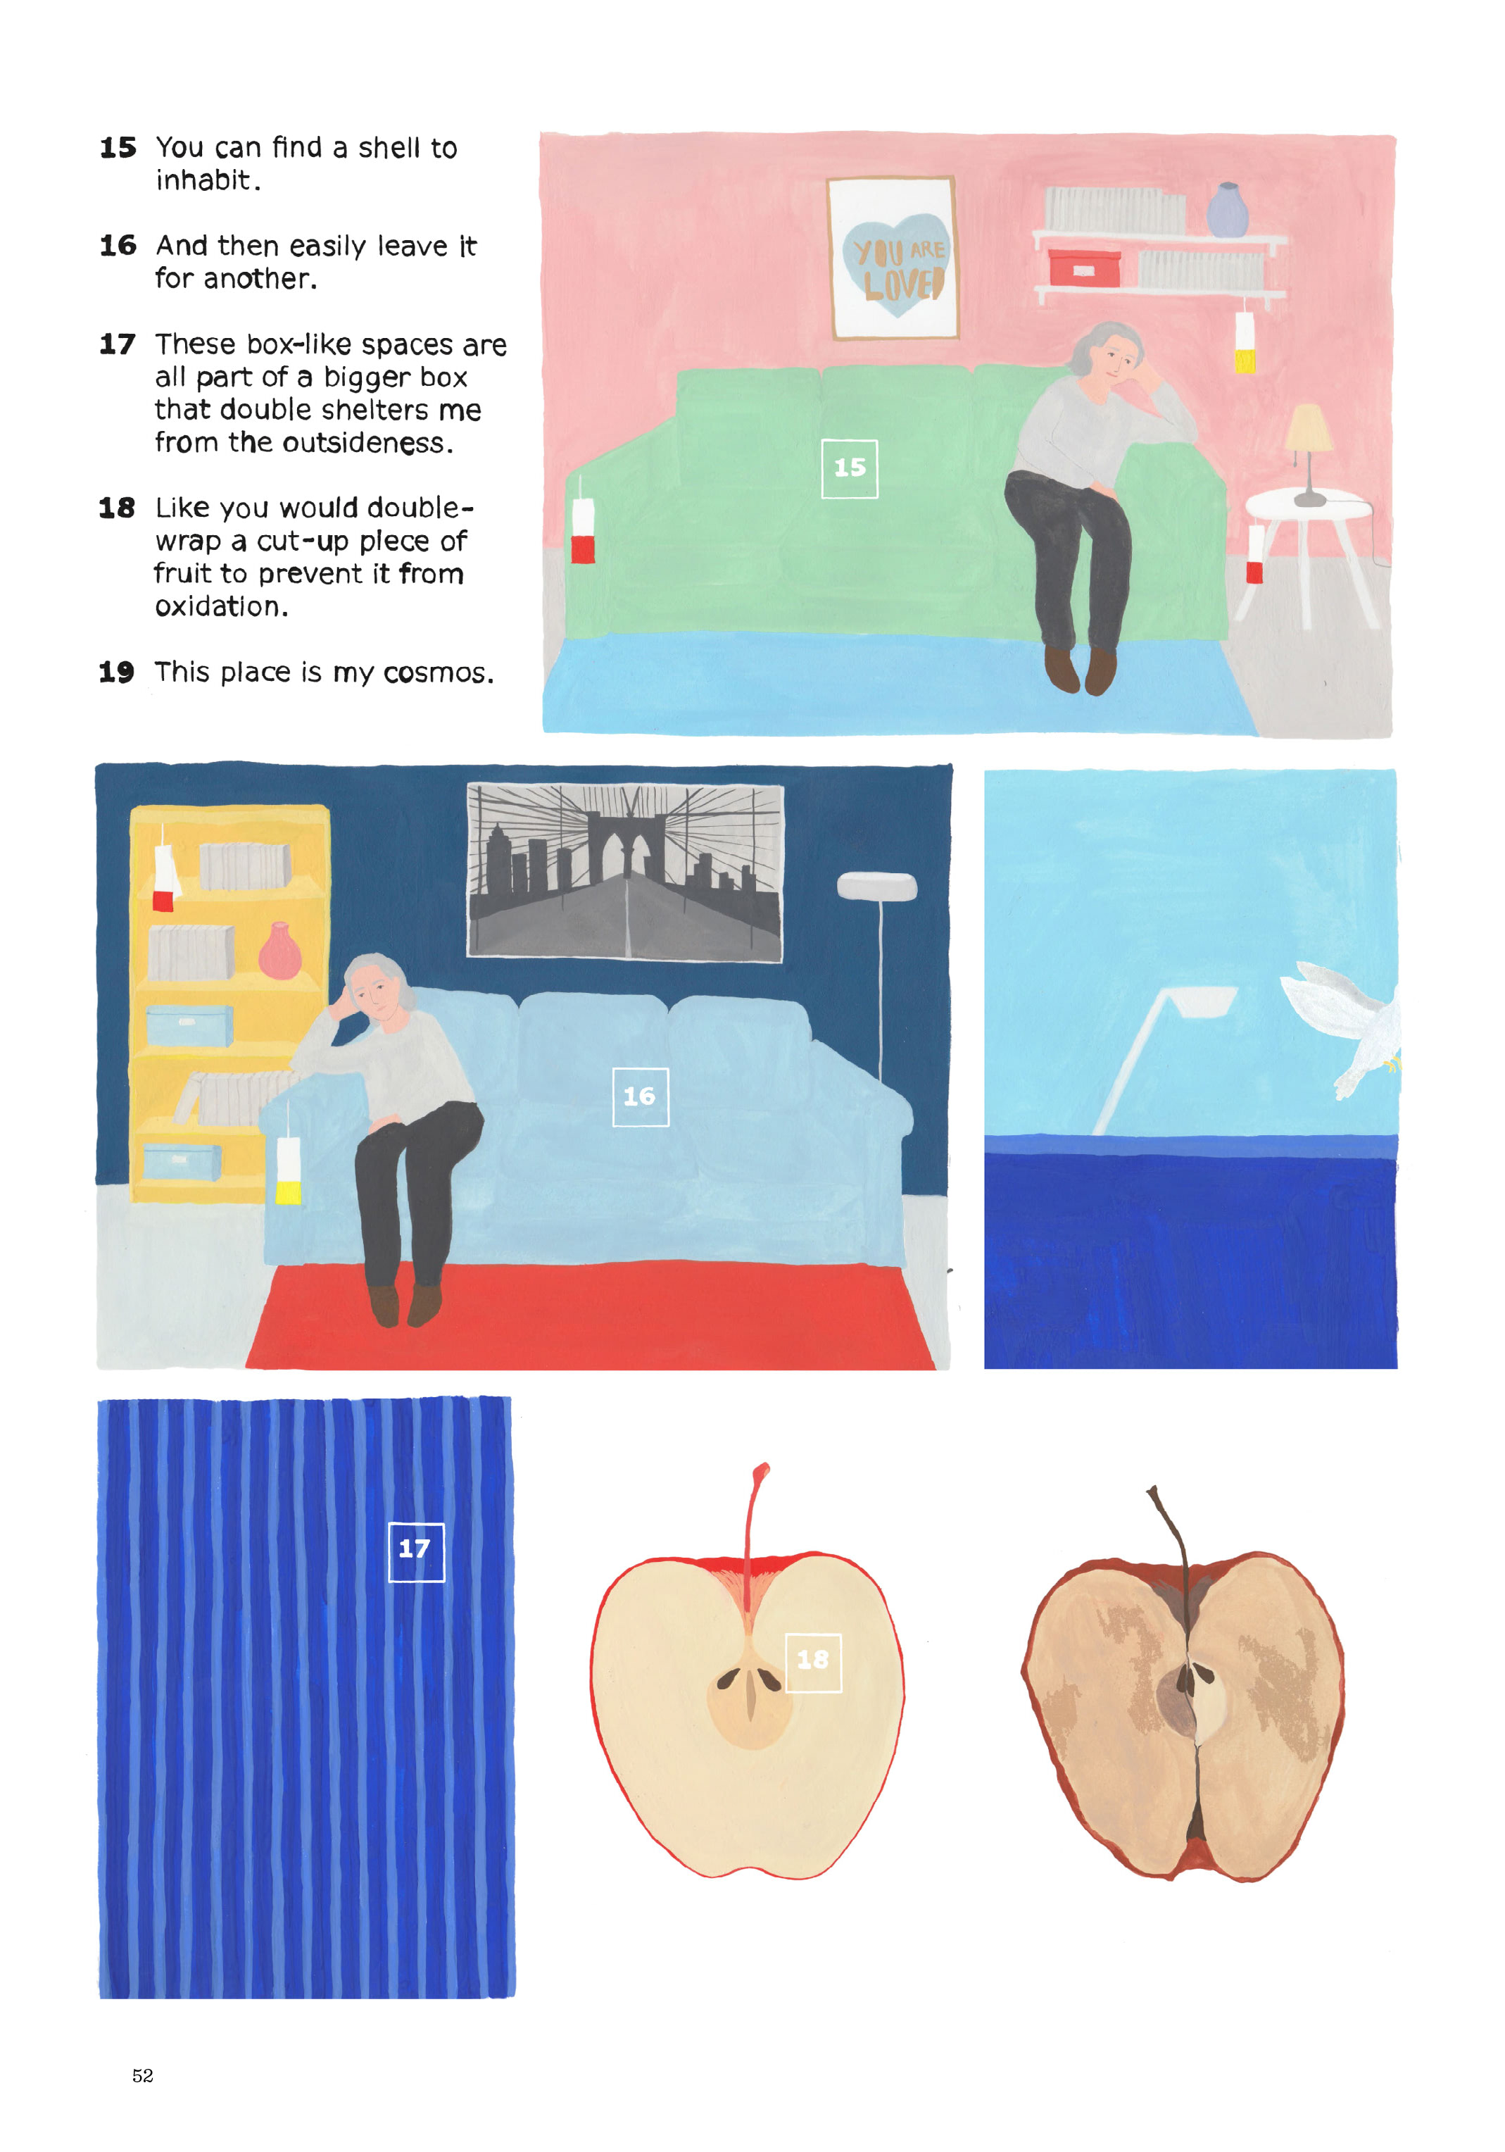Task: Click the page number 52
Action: click(142, 2075)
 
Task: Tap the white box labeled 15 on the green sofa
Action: click(849, 469)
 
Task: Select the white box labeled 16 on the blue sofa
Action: click(640, 1096)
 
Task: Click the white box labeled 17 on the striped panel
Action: click(416, 1552)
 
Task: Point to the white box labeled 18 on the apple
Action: click(812, 1663)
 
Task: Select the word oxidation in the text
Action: click(221, 606)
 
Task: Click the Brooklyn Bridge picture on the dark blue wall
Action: click(625, 872)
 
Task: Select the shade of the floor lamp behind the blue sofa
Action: click(876, 886)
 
